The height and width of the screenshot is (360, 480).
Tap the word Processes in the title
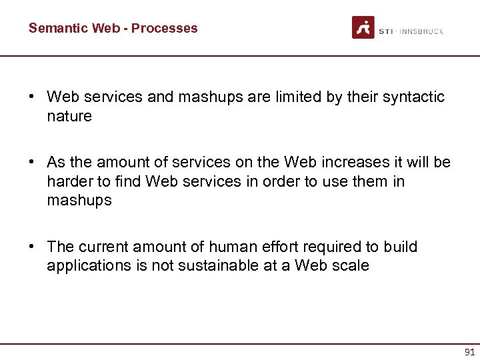[x=165, y=28]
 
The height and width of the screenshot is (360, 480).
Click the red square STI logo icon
[x=363, y=27]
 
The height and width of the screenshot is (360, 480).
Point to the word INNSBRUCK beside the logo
[x=421, y=31]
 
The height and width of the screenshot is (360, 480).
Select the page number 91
[x=469, y=351]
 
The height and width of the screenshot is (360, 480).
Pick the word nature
[x=69, y=117]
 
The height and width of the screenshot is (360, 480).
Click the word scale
[x=350, y=266]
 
